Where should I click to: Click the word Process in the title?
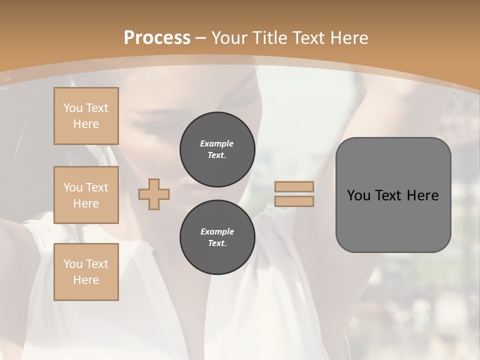tap(157, 38)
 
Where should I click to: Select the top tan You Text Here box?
tap(86, 116)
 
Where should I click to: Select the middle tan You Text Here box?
tap(86, 195)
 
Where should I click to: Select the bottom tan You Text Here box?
tap(86, 272)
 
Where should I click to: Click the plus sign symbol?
tap(154, 194)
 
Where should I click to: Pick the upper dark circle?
tap(217, 149)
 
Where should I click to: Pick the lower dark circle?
tap(217, 237)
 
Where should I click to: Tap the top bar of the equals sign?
tap(294, 186)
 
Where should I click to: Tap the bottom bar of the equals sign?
tap(294, 201)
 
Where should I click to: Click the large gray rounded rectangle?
tap(393, 194)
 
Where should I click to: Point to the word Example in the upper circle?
tap(217, 143)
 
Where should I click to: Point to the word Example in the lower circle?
tap(217, 231)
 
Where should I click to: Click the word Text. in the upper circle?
tap(217, 155)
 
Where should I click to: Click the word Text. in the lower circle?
tap(217, 243)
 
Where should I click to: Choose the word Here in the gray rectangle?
tap(423, 195)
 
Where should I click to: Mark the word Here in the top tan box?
tap(86, 124)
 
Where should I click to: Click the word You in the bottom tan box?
tap(72, 264)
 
